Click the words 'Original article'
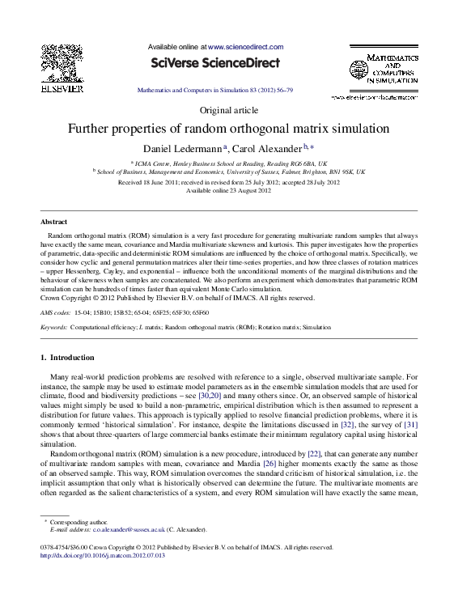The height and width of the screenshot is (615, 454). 227,110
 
